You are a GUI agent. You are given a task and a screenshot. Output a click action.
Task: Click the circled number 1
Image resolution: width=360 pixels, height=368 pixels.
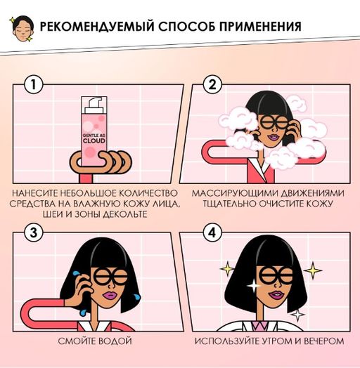tap(30, 86)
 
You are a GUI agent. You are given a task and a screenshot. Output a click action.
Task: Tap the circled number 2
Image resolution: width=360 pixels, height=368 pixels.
tap(208, 86)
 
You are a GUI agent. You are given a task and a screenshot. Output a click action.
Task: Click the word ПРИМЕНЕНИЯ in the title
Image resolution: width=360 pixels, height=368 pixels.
tap(256, 27)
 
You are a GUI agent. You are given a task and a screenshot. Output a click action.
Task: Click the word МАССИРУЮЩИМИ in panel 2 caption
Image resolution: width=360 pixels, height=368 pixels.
tap(224, 192)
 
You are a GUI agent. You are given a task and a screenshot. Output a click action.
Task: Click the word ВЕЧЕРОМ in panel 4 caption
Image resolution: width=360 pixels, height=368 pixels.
tap(325, 342)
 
